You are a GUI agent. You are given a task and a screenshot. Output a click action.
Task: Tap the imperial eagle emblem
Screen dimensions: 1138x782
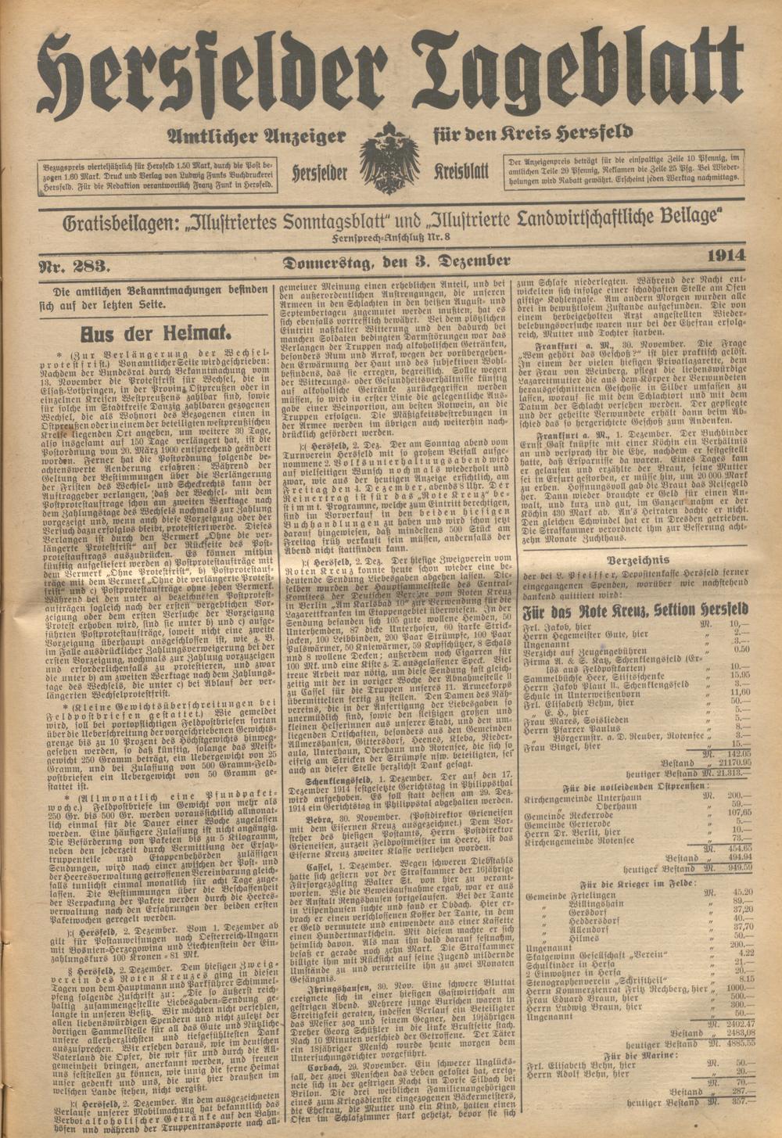pyautogui.click(x=389, y=160)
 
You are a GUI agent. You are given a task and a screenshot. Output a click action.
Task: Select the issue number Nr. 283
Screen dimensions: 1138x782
pyautogui.click(x=74, y=266)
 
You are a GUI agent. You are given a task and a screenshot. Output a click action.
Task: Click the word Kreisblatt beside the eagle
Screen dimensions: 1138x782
pyautogui.click(x=461, y=171)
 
